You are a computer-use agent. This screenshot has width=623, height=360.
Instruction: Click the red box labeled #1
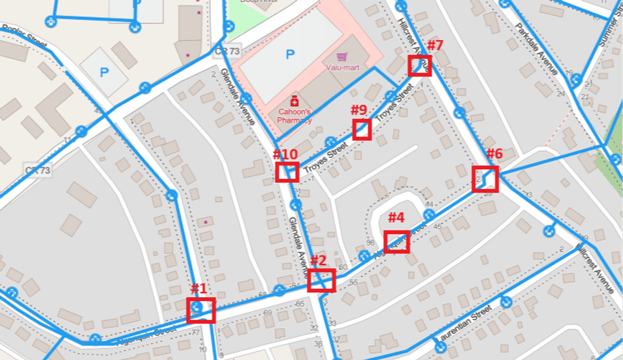point(201,310)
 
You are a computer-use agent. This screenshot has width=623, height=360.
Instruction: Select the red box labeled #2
point(321,281)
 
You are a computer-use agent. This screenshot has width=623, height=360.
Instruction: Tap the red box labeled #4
point(397,241)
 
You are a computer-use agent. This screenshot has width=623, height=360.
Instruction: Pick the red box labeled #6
point(485,179)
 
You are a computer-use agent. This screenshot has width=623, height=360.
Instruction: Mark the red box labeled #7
point(420,66)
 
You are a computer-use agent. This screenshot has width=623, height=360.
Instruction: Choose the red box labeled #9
point(361,130)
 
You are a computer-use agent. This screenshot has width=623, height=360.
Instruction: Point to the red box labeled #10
point(286,172)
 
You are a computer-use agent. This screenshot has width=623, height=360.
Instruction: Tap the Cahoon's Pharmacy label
point(295,115)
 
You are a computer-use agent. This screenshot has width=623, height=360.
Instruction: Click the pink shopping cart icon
point(338,57)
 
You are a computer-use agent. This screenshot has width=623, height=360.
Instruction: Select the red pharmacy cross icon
point(294,101)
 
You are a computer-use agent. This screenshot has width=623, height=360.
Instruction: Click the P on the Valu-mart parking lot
point(289,55)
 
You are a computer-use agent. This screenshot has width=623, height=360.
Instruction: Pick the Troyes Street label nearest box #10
point(321,158)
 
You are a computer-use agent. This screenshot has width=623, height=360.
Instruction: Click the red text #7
point(435,46)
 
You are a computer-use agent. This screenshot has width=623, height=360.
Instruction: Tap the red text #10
point(285,154)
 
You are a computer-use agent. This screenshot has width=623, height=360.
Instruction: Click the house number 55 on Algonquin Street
point(354,283)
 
